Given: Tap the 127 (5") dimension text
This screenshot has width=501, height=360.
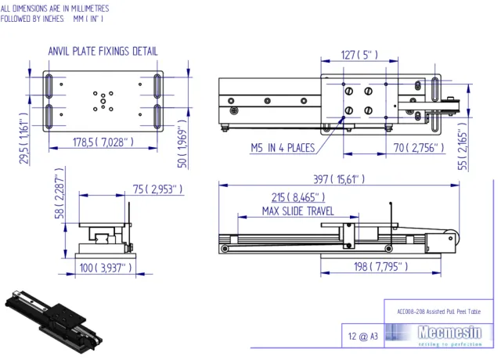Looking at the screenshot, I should click(360, 56).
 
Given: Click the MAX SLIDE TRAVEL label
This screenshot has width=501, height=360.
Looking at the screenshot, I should click(298, 211).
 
